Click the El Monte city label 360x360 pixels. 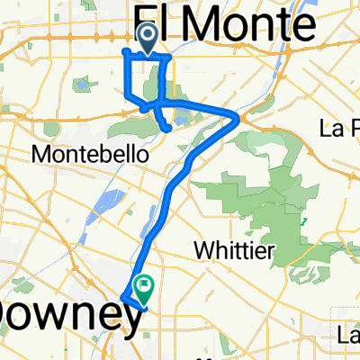[x=225, y=20]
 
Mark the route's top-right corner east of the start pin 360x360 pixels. [x=167, y=57]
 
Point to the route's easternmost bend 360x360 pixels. [x=238, y=116]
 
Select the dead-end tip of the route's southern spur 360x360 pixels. [x=168, y=130]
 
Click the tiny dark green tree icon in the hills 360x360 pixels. [x=306, y=220]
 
